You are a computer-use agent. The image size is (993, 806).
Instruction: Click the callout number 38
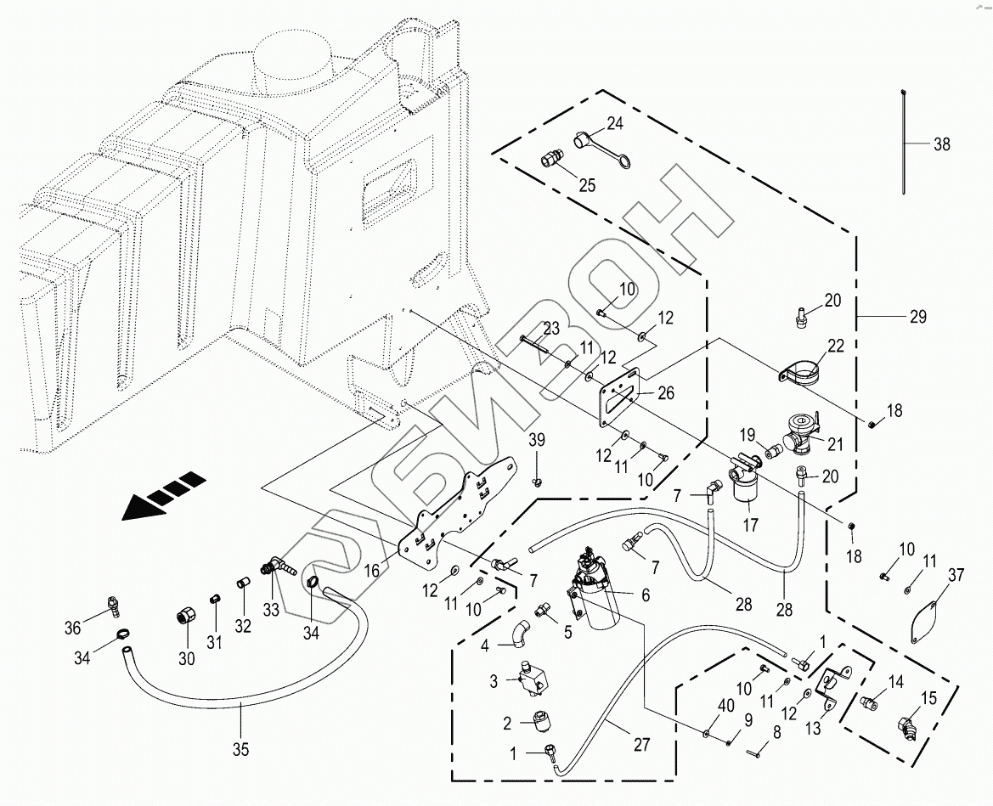(x=941, y=144)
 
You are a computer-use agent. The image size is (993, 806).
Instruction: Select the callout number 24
(x=614, y=123)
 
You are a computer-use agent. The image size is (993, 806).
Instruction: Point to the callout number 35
(x=241, y=749)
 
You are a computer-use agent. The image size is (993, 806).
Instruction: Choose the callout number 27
(x=640, y=745)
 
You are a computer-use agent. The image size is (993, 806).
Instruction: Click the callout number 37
(x=956, y=576)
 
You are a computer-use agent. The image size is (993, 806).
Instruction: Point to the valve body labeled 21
(x=801, y=428)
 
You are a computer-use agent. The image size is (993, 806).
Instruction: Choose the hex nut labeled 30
(x=186, y=615)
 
